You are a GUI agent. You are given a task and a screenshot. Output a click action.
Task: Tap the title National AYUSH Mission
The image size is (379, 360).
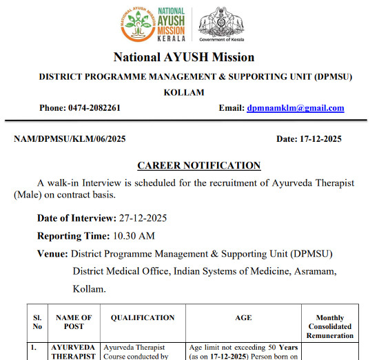pyautogui.click(x=184, y=58)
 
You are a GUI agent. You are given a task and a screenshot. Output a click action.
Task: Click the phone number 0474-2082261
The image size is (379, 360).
pyautogui.click(x=94, y=108)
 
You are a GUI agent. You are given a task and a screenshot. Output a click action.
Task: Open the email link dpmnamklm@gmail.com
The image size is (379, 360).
pyautogui.click(x=295, y=108)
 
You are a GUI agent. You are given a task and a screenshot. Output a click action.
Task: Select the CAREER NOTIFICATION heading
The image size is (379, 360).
pyautogui.click(x=199, y=166)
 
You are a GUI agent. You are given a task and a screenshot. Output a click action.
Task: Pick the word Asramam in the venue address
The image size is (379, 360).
pyautogui.click(x=315, y=271)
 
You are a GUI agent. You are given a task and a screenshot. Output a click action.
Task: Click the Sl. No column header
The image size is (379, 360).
pyautogui.click(x=37, y=322)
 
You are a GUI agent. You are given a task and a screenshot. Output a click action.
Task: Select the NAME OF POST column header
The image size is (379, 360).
pyautogui.click(x=74, y=322)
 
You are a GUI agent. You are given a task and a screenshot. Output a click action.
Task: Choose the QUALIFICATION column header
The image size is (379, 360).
pyautogui.click(x=143, y=318)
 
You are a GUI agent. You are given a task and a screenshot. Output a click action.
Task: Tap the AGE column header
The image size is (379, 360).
pyautogui.click(x=243, y=318)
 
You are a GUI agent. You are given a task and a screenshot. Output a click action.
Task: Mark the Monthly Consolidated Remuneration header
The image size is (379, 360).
pyautogui.click(x=329, y=326)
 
